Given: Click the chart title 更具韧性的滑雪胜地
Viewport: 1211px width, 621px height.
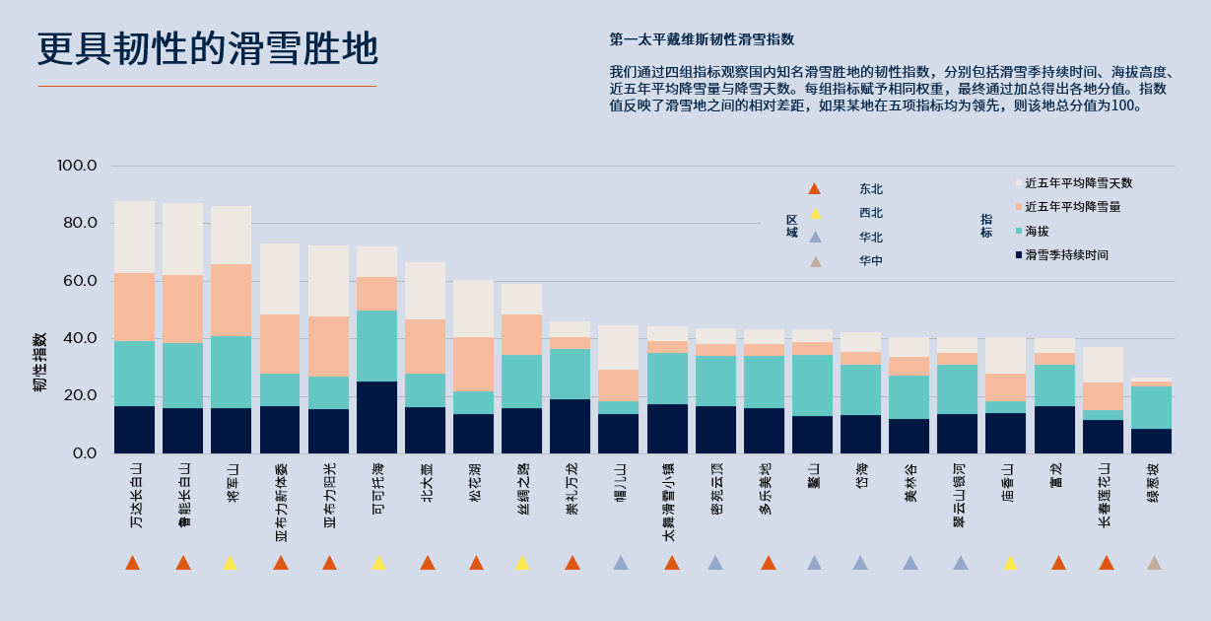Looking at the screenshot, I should (207, 49).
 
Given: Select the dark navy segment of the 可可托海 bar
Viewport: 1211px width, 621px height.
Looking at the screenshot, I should (376, 417).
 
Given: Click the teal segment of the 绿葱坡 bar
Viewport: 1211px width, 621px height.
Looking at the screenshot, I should (1151, 407).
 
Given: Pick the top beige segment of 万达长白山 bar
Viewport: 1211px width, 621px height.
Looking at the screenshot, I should (134, 237).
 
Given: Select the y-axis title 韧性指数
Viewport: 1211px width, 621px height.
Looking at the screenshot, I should (39, 362).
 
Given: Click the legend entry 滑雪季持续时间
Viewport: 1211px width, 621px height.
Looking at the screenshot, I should (1066, 255).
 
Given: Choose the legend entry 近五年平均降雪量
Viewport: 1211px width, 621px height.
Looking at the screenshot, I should (1072, 207).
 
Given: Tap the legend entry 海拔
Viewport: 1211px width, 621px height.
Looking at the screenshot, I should (1037, 231).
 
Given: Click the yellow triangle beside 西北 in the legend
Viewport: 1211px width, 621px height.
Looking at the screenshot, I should (814, 213).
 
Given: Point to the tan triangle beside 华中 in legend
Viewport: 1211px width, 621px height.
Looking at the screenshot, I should (814, 261).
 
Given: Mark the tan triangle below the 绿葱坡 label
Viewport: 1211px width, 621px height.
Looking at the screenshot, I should (1154, 563).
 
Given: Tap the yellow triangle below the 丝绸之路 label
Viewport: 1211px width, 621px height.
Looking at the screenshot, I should (522, 563).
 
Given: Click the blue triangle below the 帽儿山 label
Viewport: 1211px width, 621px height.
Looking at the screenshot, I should (621, 563).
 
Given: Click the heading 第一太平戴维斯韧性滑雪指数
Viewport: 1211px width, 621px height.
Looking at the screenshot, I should (702, 40).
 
